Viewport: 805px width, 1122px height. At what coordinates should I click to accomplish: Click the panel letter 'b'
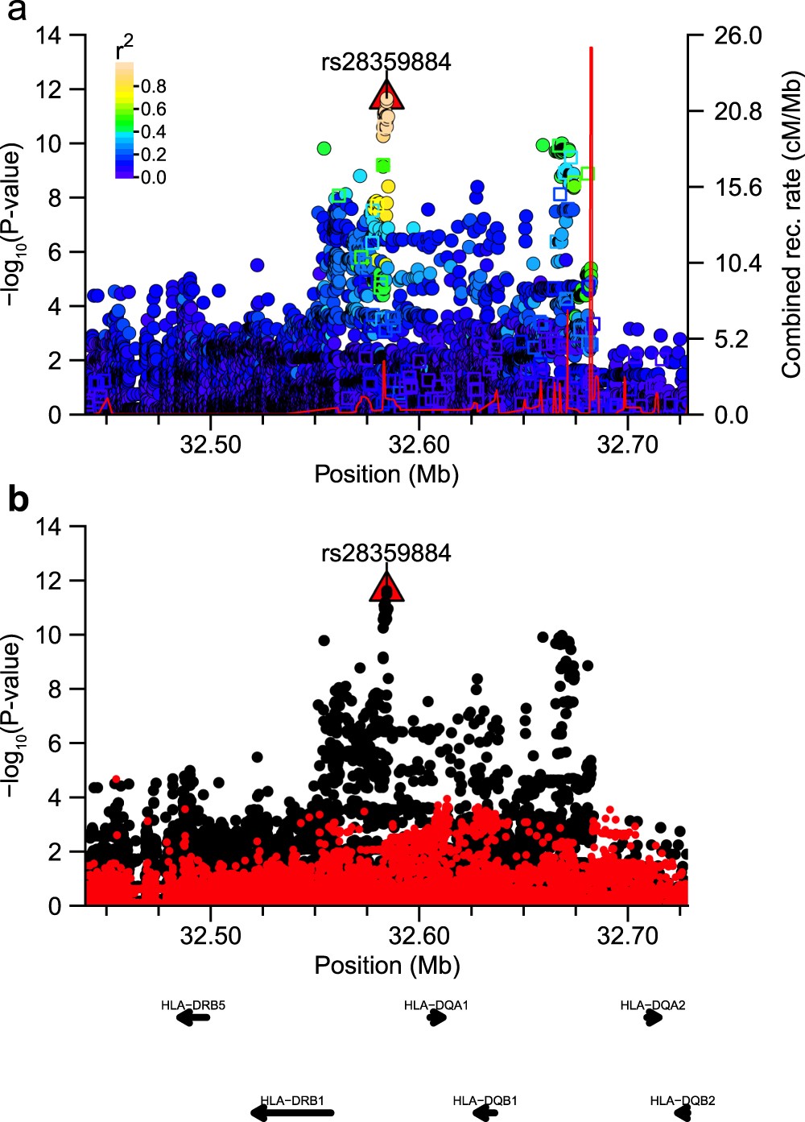click(x=18, y=500)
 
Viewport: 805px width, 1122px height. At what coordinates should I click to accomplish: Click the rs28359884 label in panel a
click(x=386, y=62)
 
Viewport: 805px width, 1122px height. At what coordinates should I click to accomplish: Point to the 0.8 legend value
click(x=153, y=86)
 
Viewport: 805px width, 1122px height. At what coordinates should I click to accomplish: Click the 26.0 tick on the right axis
click(x=737, y=35)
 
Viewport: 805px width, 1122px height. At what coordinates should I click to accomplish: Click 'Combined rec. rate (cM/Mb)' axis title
click(x=791, y=225)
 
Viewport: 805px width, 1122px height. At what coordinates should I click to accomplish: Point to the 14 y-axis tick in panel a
click(x=49, y=35)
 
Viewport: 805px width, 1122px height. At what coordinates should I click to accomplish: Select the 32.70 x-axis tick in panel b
click(x=627, y=935)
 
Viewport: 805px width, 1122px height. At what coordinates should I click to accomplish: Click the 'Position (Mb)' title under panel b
click(x=386, y=965)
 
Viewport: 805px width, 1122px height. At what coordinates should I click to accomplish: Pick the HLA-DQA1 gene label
click(x=436, y=1005)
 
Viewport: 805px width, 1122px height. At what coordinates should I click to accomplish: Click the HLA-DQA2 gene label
click(x=653, y=1005)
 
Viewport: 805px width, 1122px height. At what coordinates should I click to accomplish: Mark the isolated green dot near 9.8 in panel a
click(x=324, y=148)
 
